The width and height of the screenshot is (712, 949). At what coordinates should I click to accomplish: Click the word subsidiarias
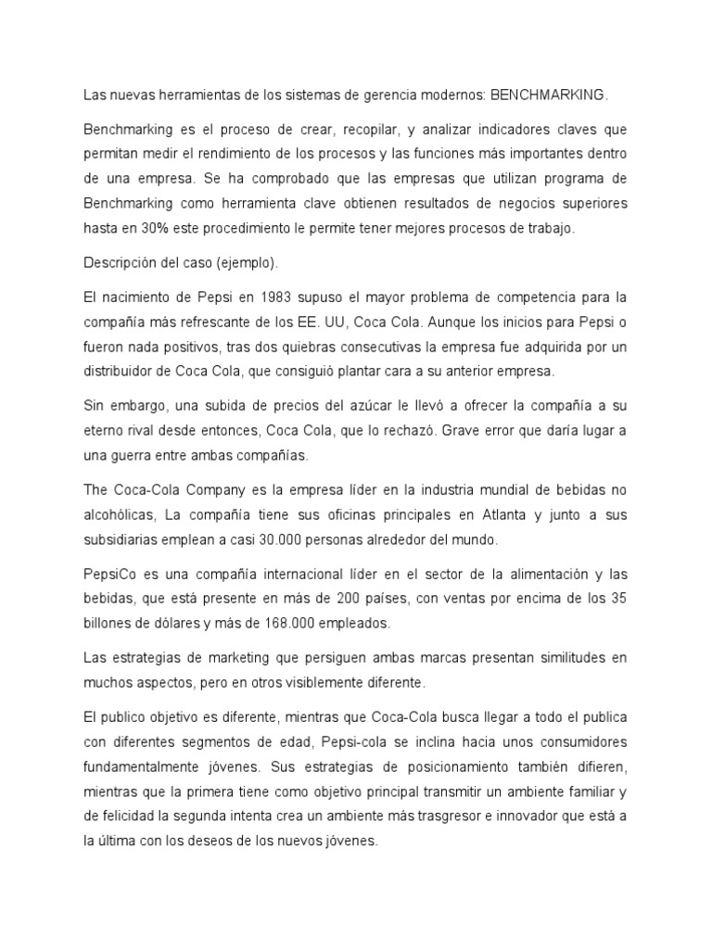click(128, 539)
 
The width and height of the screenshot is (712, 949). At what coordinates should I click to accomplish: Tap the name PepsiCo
click(111, 573)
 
